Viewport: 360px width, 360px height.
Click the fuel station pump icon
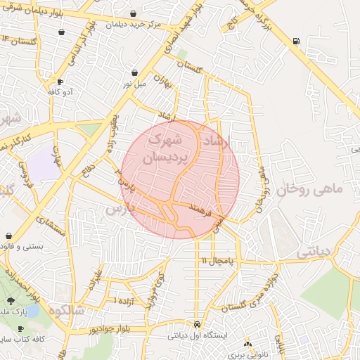pyautogui.click(x=295, y=41)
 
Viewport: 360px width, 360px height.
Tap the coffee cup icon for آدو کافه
pyautogui.click(x=60, y=82)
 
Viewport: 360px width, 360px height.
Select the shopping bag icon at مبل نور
pyautogui.click(x=134, y=72)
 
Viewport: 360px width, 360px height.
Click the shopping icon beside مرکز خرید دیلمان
pyautogui.click(x=62, y=32)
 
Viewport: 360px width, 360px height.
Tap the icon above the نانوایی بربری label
pyautogui.click(x=247, y=344)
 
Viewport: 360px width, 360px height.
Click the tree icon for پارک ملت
pyautogui.click(x=10, y=301)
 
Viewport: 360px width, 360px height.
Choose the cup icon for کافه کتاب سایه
pyautogui.click(x=20, y=329)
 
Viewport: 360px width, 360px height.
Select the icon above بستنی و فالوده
pyautogui.click(x=8, y=236)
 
